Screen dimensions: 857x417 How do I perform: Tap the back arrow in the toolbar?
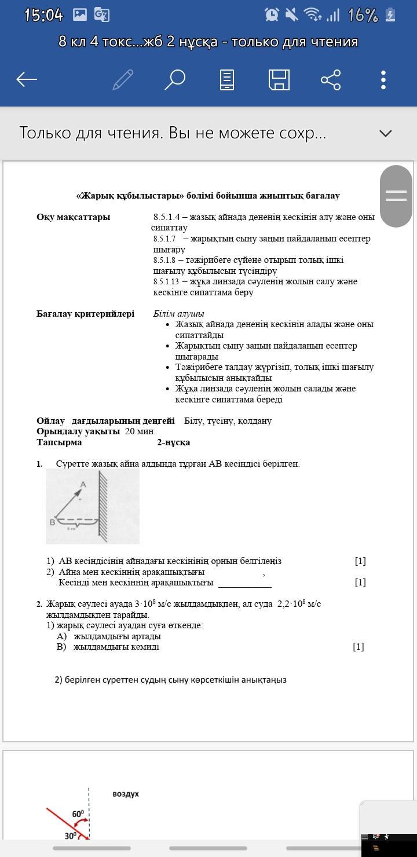[x=27, y=79]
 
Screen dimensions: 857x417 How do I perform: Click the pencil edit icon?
[x=123, y=79]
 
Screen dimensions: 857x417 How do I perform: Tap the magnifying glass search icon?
[x=174, y=79]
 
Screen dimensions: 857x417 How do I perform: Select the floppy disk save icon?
[x=279, y=79]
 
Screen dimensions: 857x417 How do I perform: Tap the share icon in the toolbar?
[x=331, y=79]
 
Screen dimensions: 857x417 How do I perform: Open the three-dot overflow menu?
[x=383, y=79]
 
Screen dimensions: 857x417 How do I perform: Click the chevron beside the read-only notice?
[x=385, y=133]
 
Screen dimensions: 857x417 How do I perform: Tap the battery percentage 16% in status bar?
[x=363, y=15]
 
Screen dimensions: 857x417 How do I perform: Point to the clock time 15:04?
[x=43, y=15]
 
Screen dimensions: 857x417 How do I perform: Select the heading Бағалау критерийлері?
[x=85, y=314]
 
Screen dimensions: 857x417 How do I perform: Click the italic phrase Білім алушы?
[x=178, y=314]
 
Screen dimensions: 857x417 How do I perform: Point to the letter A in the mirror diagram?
[x=83, y=484]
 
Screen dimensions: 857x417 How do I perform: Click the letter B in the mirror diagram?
[x=52, y=522]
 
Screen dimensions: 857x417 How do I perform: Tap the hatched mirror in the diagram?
[x=103, y=504]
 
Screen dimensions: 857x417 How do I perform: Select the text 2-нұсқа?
[x=173, y=442]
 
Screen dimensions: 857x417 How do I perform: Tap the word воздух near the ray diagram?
[x=126, y=794]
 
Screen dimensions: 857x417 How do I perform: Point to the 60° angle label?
[x=78, y=814]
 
